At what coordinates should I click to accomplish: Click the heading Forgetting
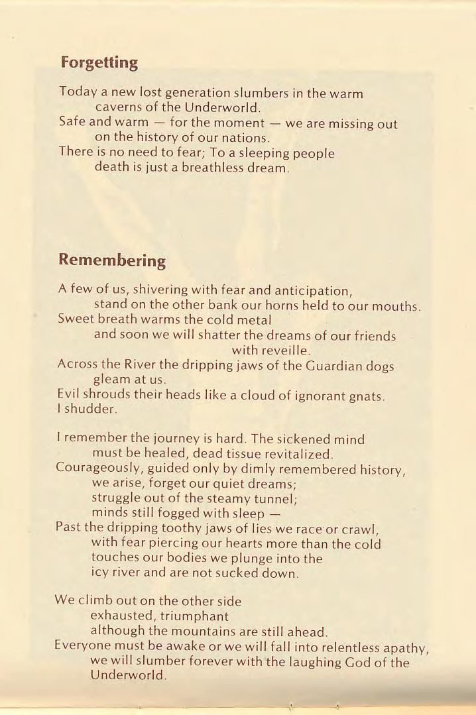click(99, 63)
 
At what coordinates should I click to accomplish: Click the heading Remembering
click(111, 260)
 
